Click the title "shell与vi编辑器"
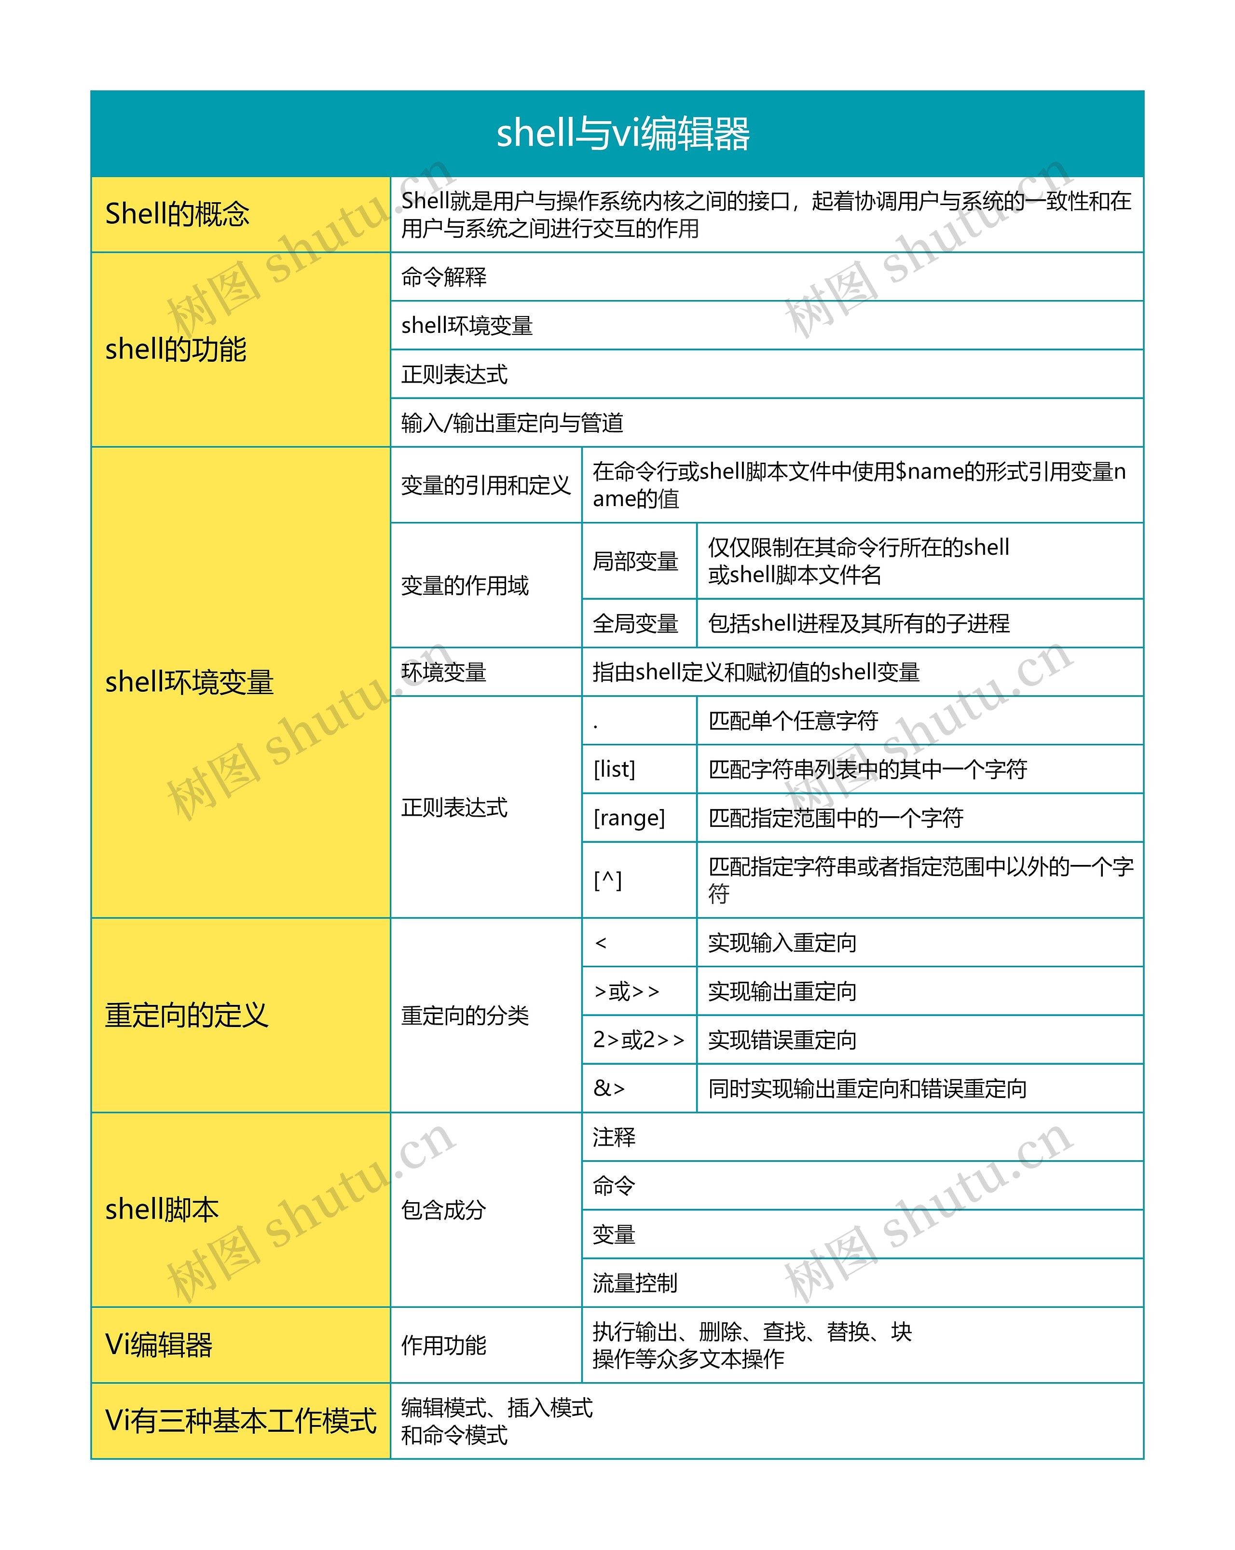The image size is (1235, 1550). [622, 134]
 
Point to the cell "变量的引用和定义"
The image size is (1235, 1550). [485, 485]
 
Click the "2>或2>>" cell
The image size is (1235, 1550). [638, 1040]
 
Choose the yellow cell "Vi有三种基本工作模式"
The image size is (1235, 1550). [240, 1421]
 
